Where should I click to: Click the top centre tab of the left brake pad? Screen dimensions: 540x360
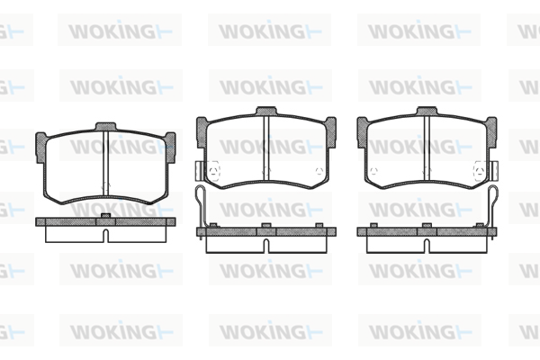[106, 124]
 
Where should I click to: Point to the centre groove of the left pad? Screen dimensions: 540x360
[106, 157]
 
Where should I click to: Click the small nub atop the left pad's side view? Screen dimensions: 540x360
[106, 215]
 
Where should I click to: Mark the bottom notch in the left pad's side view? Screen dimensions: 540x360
[106, 236]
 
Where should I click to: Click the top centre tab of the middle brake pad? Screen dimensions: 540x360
[265, 112]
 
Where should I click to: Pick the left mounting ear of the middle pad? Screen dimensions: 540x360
[202, 126]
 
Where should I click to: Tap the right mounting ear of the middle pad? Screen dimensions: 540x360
[329, 126]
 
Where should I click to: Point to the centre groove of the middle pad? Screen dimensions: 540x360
[265, 148]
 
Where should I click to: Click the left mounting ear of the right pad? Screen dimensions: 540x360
[362, 126]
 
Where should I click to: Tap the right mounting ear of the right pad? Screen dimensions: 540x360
[490, 126]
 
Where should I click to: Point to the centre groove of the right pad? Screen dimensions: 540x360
[426, 148]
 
